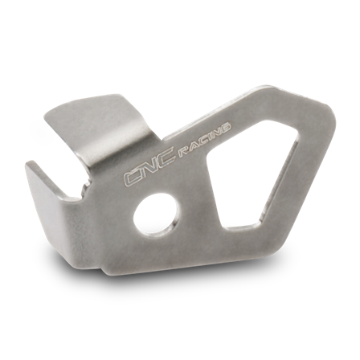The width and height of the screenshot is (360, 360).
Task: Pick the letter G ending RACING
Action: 227,126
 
